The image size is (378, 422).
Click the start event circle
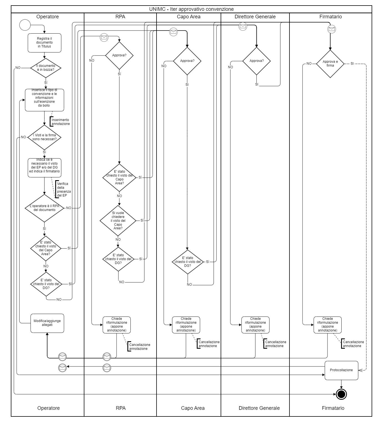25,25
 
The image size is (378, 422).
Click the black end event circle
341,394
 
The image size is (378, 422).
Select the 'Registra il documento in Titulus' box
44,43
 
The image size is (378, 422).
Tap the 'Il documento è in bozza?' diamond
46,68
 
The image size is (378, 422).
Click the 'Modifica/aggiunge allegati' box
47,323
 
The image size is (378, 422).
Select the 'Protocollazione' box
341,370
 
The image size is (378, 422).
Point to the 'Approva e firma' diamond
330,64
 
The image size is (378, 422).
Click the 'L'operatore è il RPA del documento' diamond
44,208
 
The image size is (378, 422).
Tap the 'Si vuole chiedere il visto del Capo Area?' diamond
118,220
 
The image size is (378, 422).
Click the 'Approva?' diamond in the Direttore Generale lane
256,61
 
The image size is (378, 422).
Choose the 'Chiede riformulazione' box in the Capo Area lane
186,325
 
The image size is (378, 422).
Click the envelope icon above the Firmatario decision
332,29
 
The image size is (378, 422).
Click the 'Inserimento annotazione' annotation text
60,122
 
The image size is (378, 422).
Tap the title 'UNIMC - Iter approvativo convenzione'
191,9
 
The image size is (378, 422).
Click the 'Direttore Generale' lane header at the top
255,17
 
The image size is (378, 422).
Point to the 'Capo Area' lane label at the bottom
193,408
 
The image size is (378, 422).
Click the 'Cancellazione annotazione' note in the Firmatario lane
353,344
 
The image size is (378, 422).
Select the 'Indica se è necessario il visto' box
44,167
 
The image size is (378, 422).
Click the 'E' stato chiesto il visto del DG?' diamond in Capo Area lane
188,262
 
